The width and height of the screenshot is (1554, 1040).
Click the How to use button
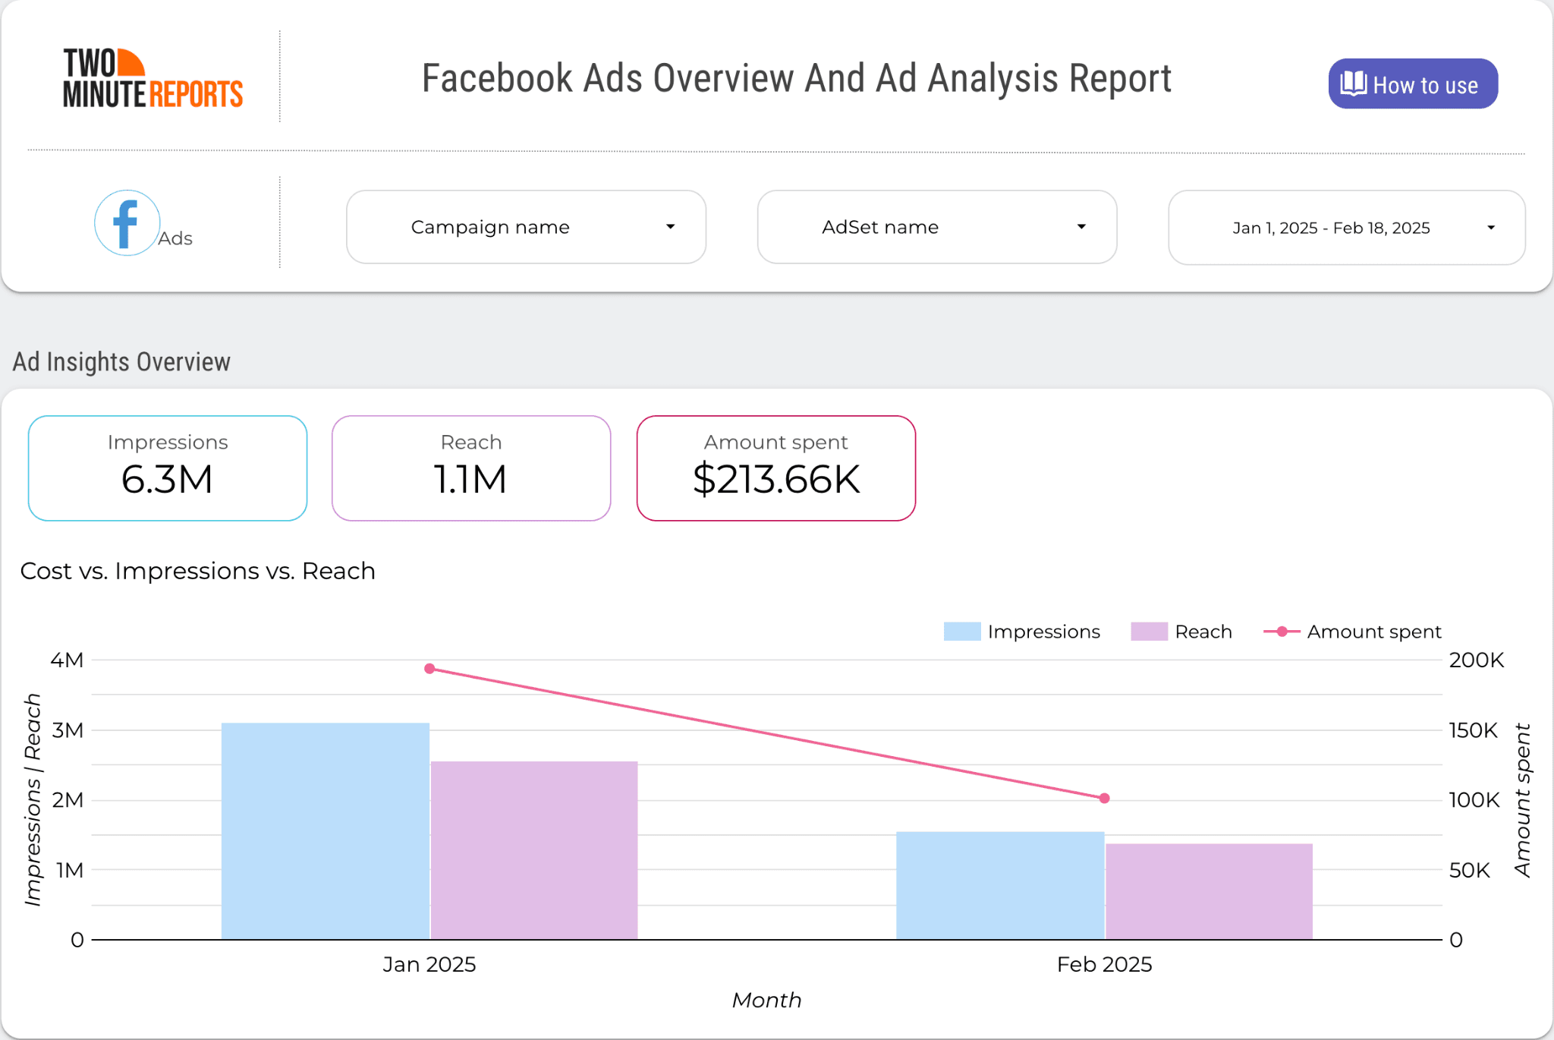click(x=1412, y=84)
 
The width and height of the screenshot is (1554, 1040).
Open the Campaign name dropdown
click(x=526, y=227)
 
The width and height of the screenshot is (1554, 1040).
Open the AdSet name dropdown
click(x=936, y=227)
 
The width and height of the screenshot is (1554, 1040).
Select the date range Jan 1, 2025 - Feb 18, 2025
click(x=1346, y=228)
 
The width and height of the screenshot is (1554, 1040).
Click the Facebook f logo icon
click(x=127, y=222)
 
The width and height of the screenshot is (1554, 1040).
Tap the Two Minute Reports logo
click(x=153, y=78)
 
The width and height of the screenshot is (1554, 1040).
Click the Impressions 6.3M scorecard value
click(x=167, y=480)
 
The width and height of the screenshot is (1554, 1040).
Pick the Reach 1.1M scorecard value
click(x=470, y=480)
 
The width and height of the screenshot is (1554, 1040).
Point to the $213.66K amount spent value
click(x=776, y=480)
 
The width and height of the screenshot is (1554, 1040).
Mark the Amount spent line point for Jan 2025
click(x=429, y=669)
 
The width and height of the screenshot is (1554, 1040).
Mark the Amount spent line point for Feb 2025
click(x=1104, y=799)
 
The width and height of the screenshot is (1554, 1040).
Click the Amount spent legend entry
click(x=1352, y=632)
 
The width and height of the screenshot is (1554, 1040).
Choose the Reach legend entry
click(x=1181, y=632)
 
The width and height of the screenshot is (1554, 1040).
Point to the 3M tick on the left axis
click(x=68, y=730)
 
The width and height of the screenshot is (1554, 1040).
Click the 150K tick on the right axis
click(x=1473, y=730)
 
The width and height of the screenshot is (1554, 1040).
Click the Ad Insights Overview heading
click(x=121, y=362)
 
